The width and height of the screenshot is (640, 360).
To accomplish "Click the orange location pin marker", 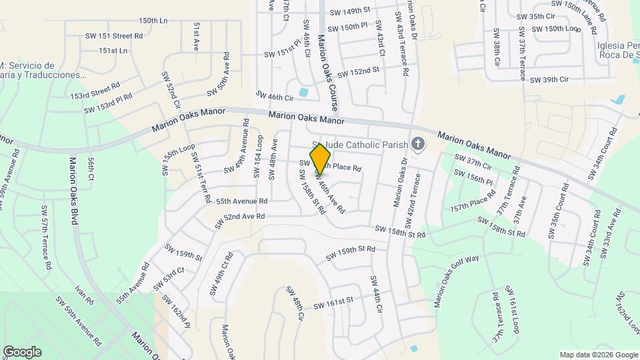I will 321,159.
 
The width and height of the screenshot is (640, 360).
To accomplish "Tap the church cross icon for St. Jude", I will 418,144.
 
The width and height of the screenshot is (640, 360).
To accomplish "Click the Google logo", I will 22,351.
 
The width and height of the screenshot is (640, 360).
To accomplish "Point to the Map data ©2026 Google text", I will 598,355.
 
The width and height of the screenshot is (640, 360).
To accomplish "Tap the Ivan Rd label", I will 84,296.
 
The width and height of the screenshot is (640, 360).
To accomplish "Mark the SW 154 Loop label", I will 258,157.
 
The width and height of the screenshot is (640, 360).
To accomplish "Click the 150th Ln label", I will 153,21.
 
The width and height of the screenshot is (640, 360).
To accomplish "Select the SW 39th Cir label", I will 549,80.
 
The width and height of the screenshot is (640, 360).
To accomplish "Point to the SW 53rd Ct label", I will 168,279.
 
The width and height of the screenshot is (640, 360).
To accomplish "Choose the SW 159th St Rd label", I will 350,253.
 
